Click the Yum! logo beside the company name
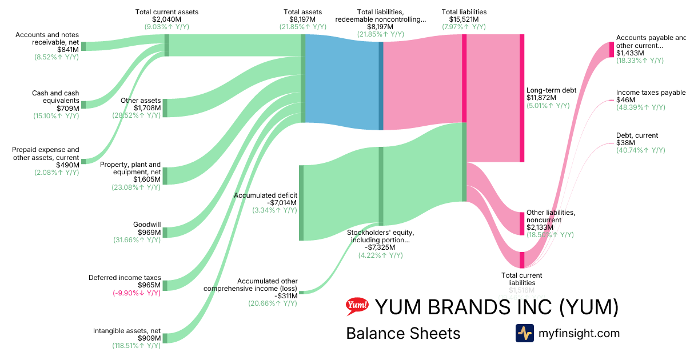[357, 307]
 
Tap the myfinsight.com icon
[524, 333]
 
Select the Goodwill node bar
[165, 232]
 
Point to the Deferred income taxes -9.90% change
[137, 293]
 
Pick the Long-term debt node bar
[521, 98]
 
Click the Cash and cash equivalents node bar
[83, 105]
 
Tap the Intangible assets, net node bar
[165, 338]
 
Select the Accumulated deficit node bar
[301, 203]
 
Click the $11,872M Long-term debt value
[543, 98]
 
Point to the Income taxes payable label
[650, 93]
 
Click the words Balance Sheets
[403, 333]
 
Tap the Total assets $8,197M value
[302, 19]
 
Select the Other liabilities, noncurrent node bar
[521, 223]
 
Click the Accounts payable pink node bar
[612, 50]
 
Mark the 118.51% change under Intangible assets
[137, 345]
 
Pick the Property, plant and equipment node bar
[165, 175]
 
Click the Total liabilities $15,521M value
[464, 19]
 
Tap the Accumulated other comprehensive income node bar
[301, 292]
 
